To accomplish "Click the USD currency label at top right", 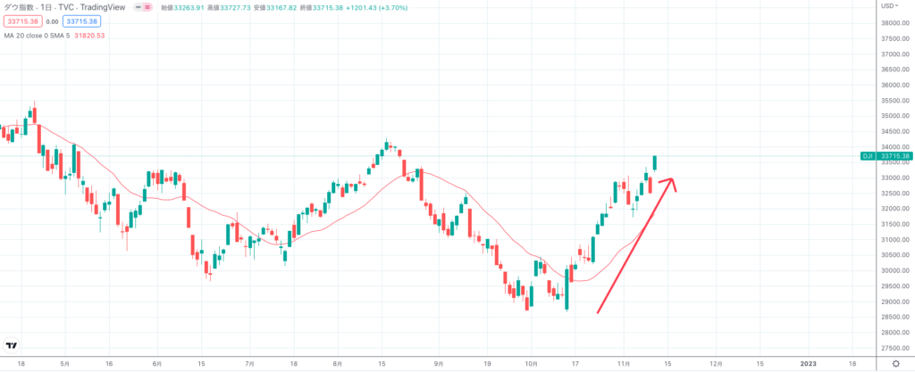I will coord(888,6).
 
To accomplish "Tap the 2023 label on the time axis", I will coord(808,364).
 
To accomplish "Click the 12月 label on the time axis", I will coord(715,364).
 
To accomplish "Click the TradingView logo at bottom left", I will coord(12,346).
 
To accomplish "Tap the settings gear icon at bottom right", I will coord(895,364).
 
